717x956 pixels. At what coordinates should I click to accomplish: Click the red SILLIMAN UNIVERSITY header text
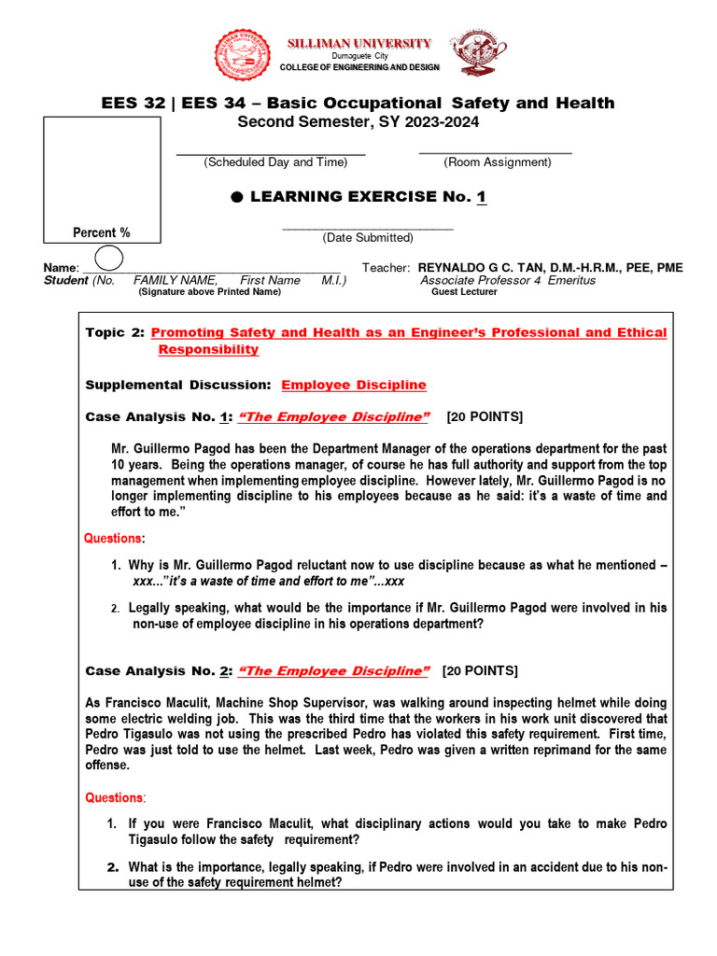pos(358,43)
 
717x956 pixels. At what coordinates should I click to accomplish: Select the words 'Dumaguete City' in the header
pos(358,57)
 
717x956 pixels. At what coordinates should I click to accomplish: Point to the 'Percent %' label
pos(102,232)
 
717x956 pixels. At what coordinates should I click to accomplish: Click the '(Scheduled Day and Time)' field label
pos(275,162)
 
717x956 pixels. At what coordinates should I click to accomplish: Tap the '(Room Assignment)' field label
pos(498,162)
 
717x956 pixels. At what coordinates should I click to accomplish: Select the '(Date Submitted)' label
pos(368,238)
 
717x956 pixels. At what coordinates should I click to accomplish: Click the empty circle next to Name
pos(108,257)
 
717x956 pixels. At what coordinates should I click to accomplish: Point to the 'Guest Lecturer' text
pos(464,292)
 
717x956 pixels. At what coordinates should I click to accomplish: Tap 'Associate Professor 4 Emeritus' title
pos(508,280)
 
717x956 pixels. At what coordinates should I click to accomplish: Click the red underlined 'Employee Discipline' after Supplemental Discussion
pos(354,385)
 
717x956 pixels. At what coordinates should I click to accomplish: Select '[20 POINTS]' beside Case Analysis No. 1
pos(485,416)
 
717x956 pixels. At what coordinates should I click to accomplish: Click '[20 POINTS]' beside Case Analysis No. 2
pos(480,671)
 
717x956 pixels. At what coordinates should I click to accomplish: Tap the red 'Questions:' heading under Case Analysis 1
pos(116,539)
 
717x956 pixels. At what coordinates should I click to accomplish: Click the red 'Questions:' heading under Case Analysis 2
pos(116,798)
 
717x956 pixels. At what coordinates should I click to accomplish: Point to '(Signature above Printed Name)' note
pos(209,292)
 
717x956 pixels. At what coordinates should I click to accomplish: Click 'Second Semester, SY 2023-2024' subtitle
pos(358,122)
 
